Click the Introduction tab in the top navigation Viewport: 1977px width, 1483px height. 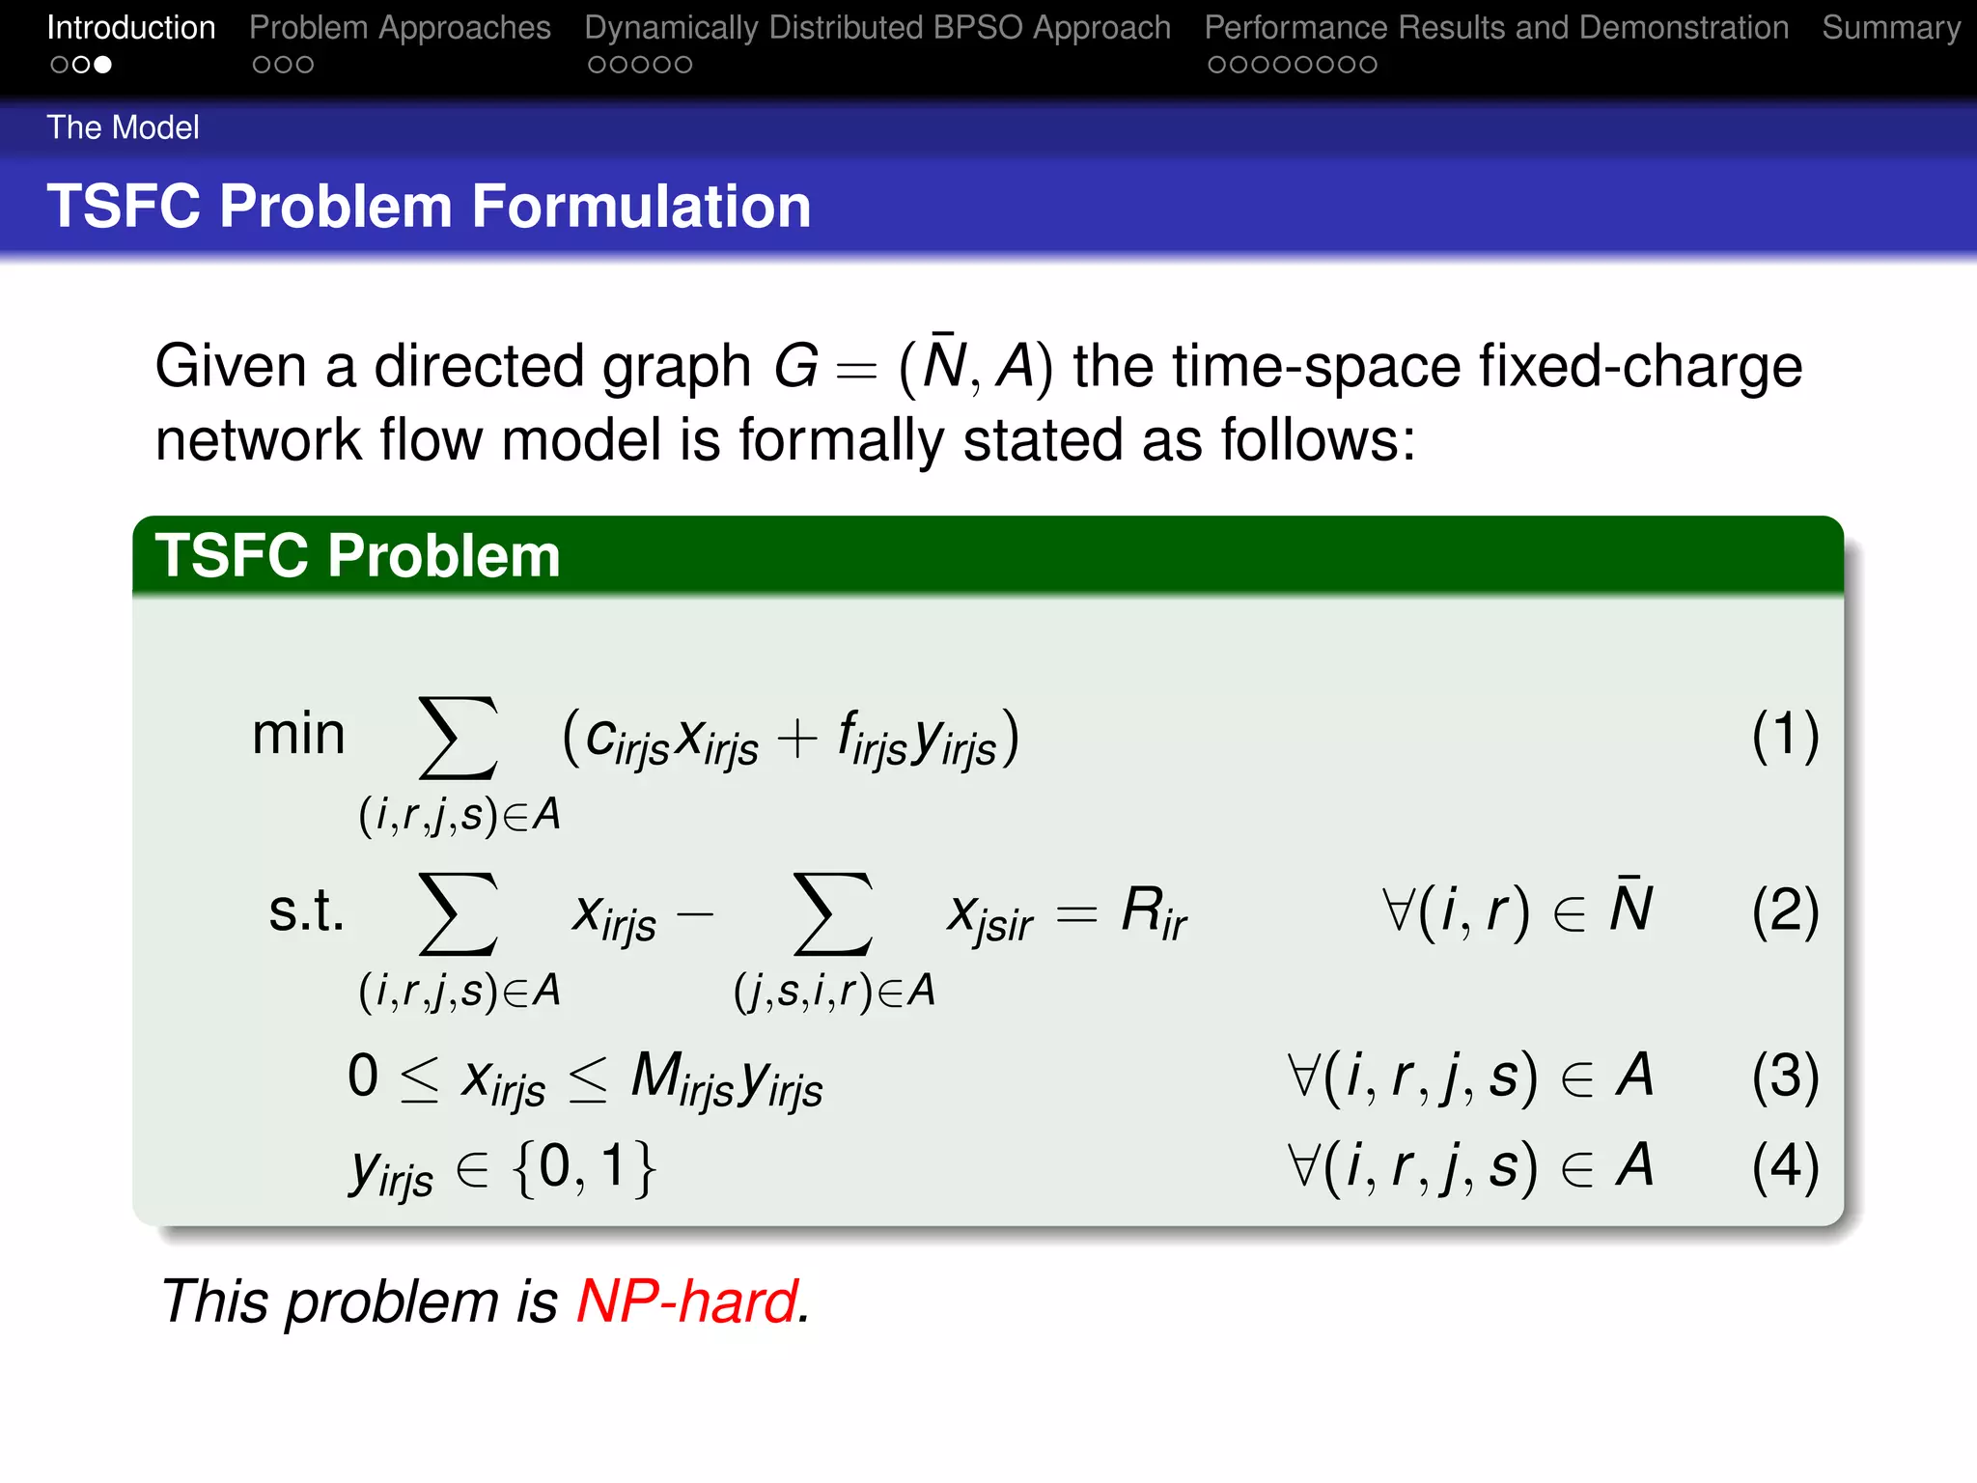point(130,28)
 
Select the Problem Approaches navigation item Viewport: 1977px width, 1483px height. point(400,28)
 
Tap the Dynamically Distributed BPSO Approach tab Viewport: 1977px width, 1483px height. point(877,28)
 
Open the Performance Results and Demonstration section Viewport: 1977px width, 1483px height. point(1495,28)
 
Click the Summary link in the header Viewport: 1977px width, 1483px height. point(1890,28)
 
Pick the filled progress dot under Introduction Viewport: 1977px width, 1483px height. point(103,65)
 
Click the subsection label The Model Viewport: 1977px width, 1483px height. point(123,127)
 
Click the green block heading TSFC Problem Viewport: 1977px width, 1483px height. point(357,556)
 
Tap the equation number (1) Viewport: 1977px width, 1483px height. point(1785,736)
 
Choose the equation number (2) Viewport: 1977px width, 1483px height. point(1785,910)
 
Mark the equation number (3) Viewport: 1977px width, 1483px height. point(1785,1077)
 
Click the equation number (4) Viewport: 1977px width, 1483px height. point(1785,1166)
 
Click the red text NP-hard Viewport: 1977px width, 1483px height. point(688,1301)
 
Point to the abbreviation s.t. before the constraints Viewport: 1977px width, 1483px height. point(306,910)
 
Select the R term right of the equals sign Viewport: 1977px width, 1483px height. point(1153,912)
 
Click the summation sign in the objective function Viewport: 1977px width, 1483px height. point(458,738)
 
